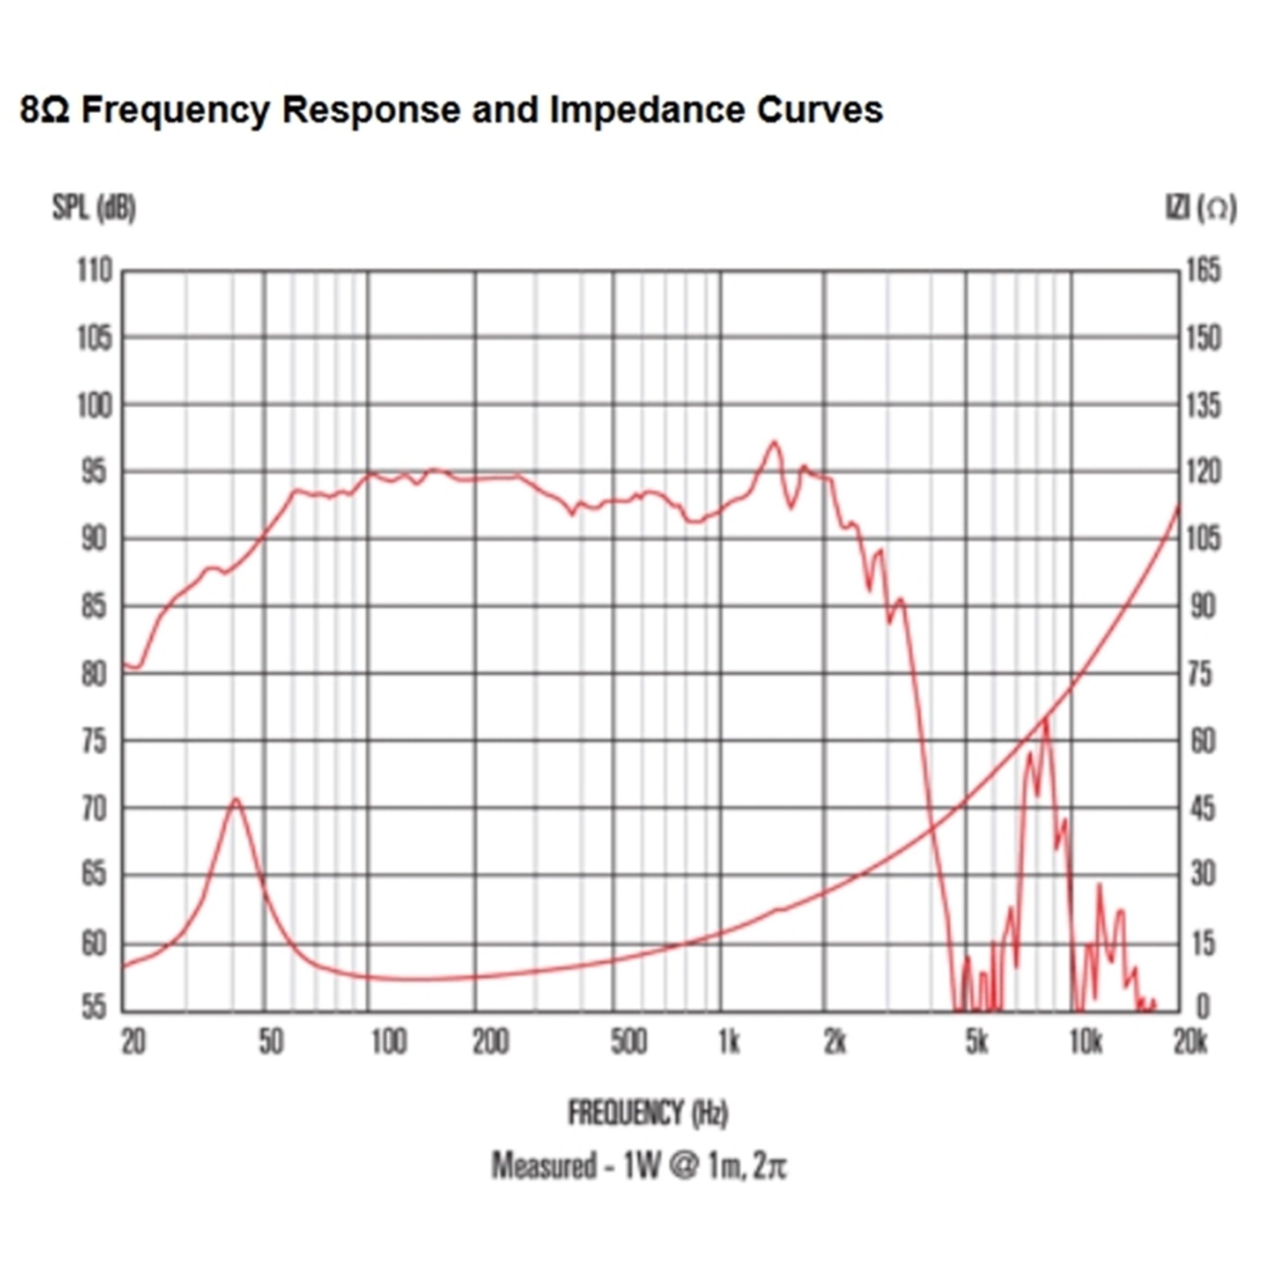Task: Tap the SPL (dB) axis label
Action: click(94, 209)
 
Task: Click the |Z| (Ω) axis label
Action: click(1201, 209)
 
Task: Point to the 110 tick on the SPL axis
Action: click(95, 271)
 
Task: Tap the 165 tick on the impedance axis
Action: click(1203, 271)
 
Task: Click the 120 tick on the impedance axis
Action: click(1203, 473)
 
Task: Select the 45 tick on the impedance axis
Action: click(1202, 810)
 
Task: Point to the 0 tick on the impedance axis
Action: click(1203, 1007)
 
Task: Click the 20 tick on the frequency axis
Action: click(133, 1043)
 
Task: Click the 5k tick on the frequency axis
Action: click(977, 1043)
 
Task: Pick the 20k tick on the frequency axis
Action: click(1190, 1043)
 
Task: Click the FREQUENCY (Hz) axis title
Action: click(648, 1112)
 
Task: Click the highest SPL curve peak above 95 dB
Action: click(773, 442)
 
